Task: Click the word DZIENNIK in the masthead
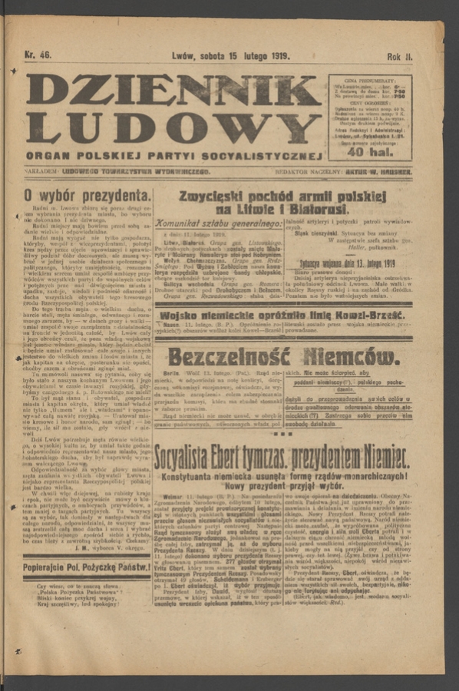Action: tap(173, 90)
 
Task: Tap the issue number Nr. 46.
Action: tap(38, 55)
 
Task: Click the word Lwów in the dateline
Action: tap(183, 56)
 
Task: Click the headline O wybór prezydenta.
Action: tap(87, 195)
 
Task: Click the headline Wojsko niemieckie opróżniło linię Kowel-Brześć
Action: tap(282, 316)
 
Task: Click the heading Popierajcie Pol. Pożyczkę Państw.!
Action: tap(86, 567)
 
